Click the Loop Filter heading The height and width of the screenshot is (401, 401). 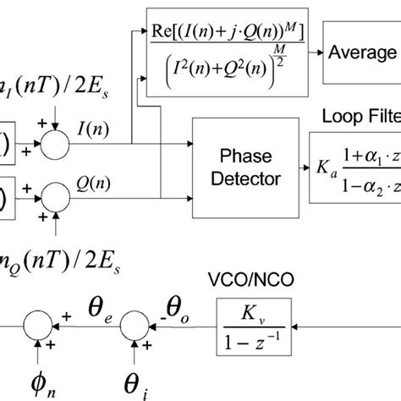point(362,116)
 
